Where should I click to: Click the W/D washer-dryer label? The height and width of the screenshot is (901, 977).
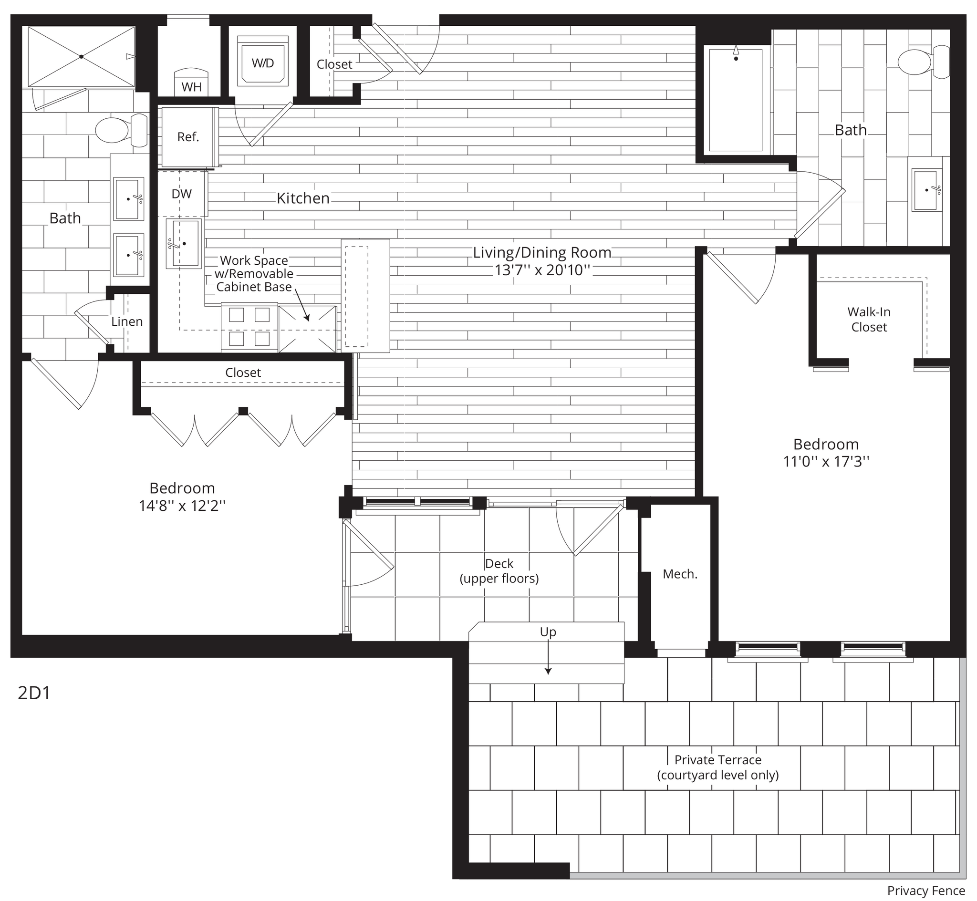point(263,62)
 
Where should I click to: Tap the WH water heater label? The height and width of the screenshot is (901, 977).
point(191,87)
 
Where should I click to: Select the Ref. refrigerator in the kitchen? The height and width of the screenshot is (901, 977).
point(188,137)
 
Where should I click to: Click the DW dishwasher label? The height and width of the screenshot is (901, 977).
point(182,194)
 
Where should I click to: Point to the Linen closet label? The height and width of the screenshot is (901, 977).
point(127,321)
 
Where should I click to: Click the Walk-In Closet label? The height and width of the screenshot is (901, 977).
point(869,320)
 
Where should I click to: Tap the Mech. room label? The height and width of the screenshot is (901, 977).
point(680,574)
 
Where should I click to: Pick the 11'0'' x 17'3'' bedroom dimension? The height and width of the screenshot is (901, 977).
point(826,461)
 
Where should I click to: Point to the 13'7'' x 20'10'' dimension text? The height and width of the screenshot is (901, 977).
point(542,269)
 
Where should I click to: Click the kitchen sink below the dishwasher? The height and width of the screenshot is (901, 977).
point(184,243)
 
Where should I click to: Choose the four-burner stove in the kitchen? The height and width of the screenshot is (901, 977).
point(249,327)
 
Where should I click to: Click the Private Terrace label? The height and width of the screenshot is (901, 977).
point(717,767)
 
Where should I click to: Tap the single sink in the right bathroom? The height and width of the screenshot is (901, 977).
point(927,190)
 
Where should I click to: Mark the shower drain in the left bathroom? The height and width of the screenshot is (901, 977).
point(82,57)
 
